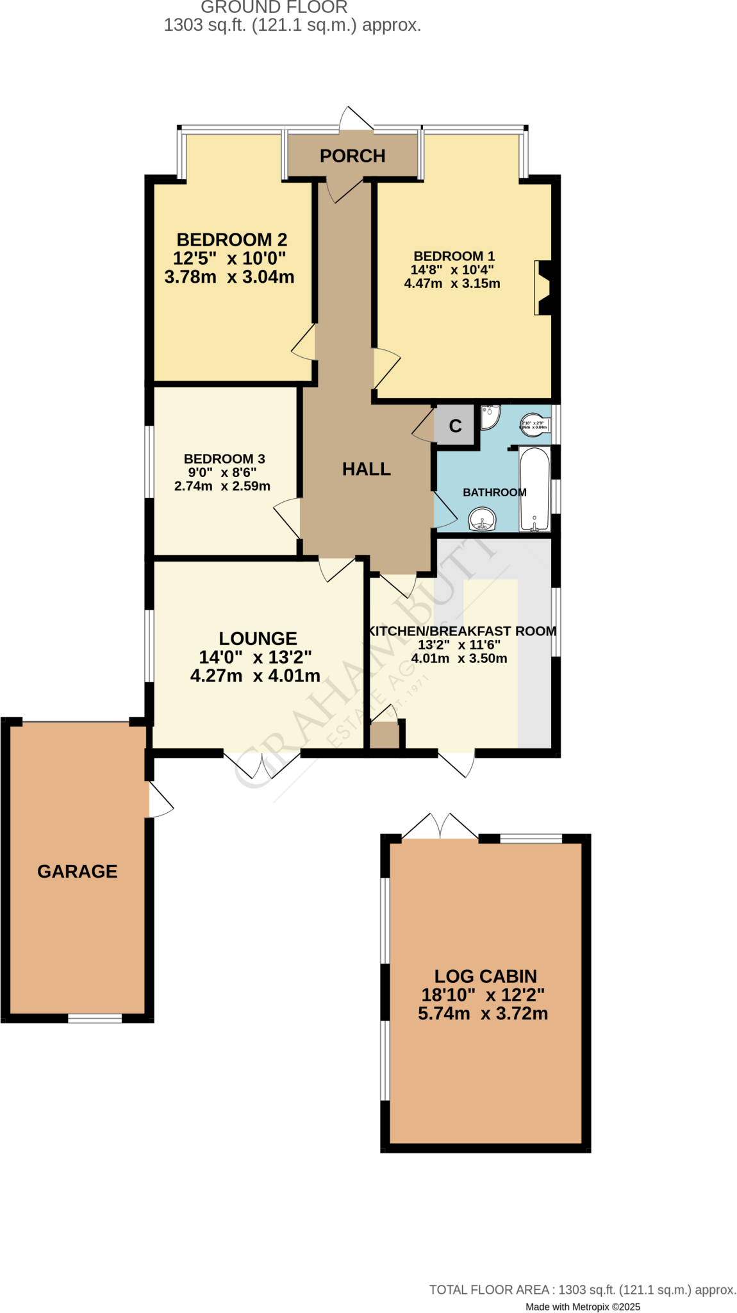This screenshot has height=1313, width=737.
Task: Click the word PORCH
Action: [352, 156]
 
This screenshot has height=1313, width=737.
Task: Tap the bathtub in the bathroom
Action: [534, 489]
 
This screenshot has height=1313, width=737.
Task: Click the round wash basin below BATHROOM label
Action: [483, 519]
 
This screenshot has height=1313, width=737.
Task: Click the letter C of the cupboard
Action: [455, 426]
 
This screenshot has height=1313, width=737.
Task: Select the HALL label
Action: [366, 469]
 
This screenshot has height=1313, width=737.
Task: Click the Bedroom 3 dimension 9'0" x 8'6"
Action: [222, 473]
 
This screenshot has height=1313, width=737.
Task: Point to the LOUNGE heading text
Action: [258, 639]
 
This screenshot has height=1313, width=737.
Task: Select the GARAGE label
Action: [77, 871]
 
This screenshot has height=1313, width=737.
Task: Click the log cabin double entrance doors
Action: [440, 826]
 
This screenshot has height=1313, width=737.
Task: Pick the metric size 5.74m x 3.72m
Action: [483, 1014]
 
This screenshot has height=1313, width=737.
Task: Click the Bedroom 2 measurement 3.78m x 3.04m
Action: [229, 277]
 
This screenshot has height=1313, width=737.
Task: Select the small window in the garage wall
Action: [95, 1018]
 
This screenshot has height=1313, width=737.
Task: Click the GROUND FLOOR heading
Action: [274, 8]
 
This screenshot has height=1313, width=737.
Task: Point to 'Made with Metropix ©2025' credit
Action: [583, 1307]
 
